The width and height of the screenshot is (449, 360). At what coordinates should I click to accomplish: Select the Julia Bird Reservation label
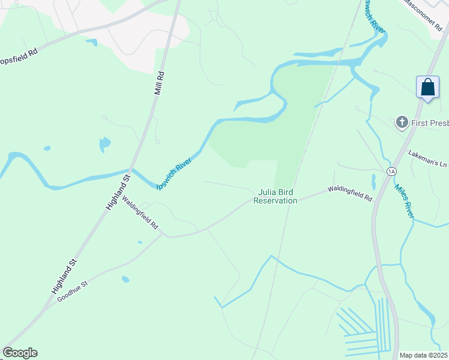275,197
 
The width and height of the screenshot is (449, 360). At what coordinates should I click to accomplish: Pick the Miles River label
405,200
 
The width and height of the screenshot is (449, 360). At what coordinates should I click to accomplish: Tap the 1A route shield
392,172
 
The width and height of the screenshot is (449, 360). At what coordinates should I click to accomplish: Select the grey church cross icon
402,123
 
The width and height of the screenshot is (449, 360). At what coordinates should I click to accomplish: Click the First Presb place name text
430,124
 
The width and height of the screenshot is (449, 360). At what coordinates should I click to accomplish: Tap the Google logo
20,353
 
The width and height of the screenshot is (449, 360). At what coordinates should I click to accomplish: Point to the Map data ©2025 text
423,355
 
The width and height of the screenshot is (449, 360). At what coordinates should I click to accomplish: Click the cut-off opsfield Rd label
19,52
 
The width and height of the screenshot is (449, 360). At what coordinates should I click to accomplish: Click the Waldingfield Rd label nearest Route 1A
349,193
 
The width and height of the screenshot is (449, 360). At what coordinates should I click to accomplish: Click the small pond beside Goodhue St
125,279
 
